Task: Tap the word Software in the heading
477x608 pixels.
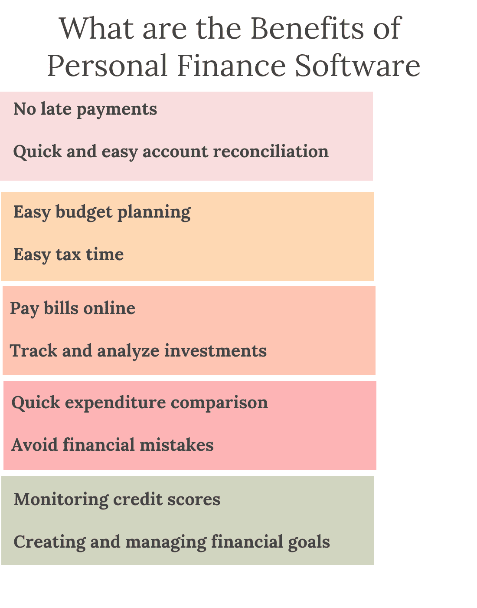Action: click(x=358, y=66)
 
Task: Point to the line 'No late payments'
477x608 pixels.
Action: click(x=85, y=109)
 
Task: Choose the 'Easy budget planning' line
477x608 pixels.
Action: click(x=102, y=212)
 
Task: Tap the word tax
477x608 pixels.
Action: click(x=69, y=254)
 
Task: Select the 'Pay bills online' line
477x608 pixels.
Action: click(x=72, y=308)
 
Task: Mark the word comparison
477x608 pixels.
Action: click(x=219, y=403)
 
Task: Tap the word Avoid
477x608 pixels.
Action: click(x=35, y=445)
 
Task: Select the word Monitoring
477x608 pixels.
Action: click(x=61, y=499)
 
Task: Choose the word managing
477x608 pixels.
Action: click(x=166, y=542)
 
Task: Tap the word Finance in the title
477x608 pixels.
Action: click(x=232, y=66)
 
